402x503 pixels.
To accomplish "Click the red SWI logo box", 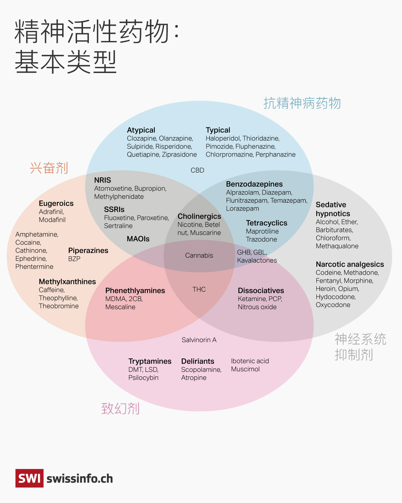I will pyautogui.click(x=29, y=478).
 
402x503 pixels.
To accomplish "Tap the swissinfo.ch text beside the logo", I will pyautogui.click(x=80, y=478).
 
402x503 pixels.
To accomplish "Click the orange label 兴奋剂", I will pyautogui.click(x=49, y=168).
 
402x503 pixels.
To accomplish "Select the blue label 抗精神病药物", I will pyautogui.click(x=302, y=103).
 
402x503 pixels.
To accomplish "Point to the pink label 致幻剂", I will pyautogui.click(x=120, y=409).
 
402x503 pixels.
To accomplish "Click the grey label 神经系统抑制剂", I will pyautogui.click(x=360, y=347).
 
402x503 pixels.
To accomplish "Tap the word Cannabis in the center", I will pyautogui.click(x=199, y=255).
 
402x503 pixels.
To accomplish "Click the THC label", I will pyautogui.click(x=199, y=290).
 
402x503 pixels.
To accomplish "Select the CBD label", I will pyautogui.click(x=197, y=170).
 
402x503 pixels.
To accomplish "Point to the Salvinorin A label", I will pyautogui.click(x=199, y=340).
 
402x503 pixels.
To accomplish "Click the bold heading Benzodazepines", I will pyautogui.click(x=254, y=184).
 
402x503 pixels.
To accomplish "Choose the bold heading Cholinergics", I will pyautogui.click(x=199, y=216).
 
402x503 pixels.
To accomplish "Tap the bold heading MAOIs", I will pyautogui.click(x=138, y=239).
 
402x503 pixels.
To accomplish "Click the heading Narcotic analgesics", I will pyautogui.click(x=350, y=264).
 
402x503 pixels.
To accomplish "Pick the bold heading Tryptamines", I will pyautogui.click(x=150, y=361).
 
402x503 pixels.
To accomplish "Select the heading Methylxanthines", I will pyautogui.click(x=67, y=282).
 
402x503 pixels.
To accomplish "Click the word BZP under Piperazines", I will pyautogui.click(x=74, y=259).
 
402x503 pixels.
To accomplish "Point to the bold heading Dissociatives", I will pyautogui.click(x=261, y=291).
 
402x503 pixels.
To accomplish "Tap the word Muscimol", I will pyautogui.click(x=245, y=369).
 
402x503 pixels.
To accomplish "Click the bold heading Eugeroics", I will pyautogui.click(x=56, y=203).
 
